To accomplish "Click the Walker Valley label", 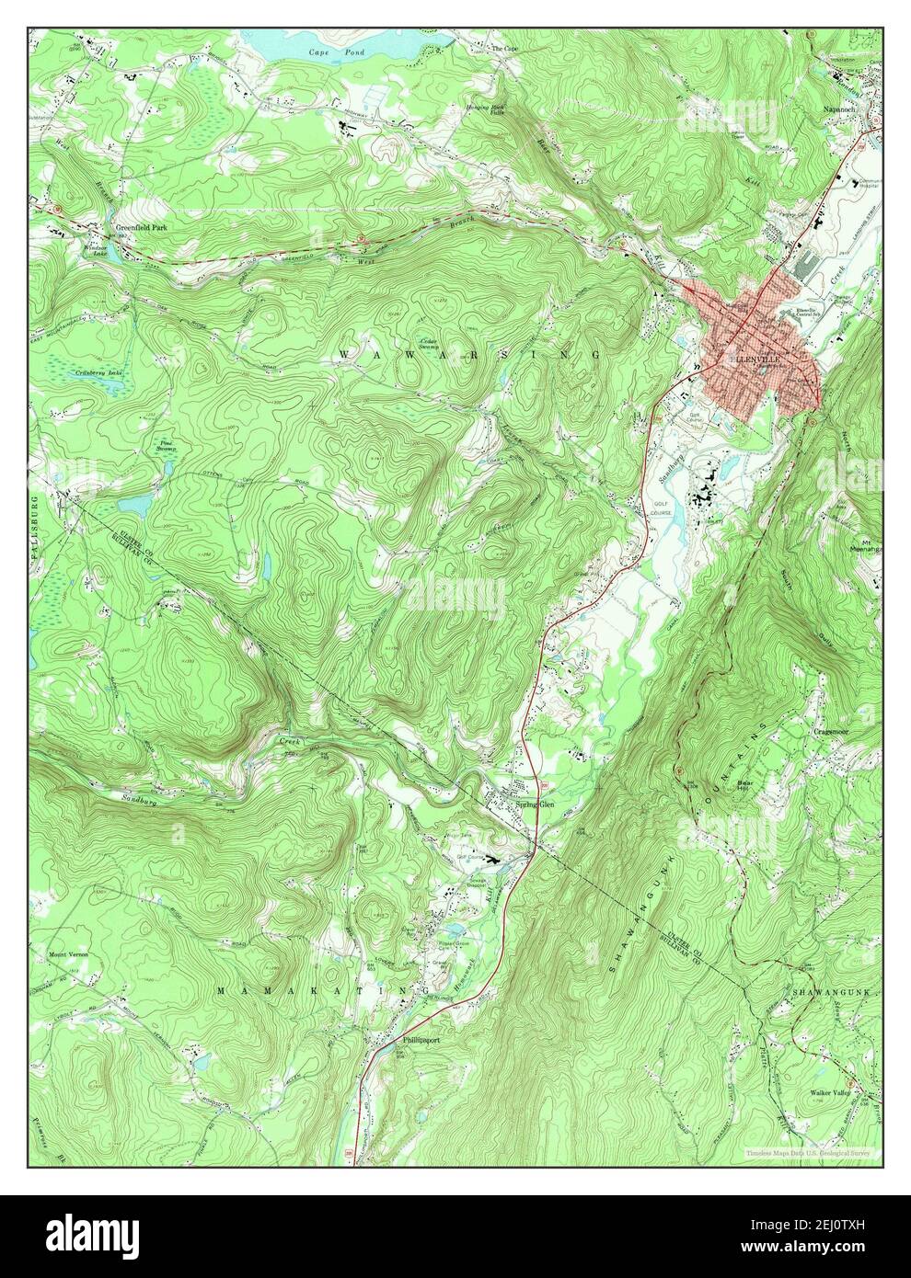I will [832, 1092].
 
